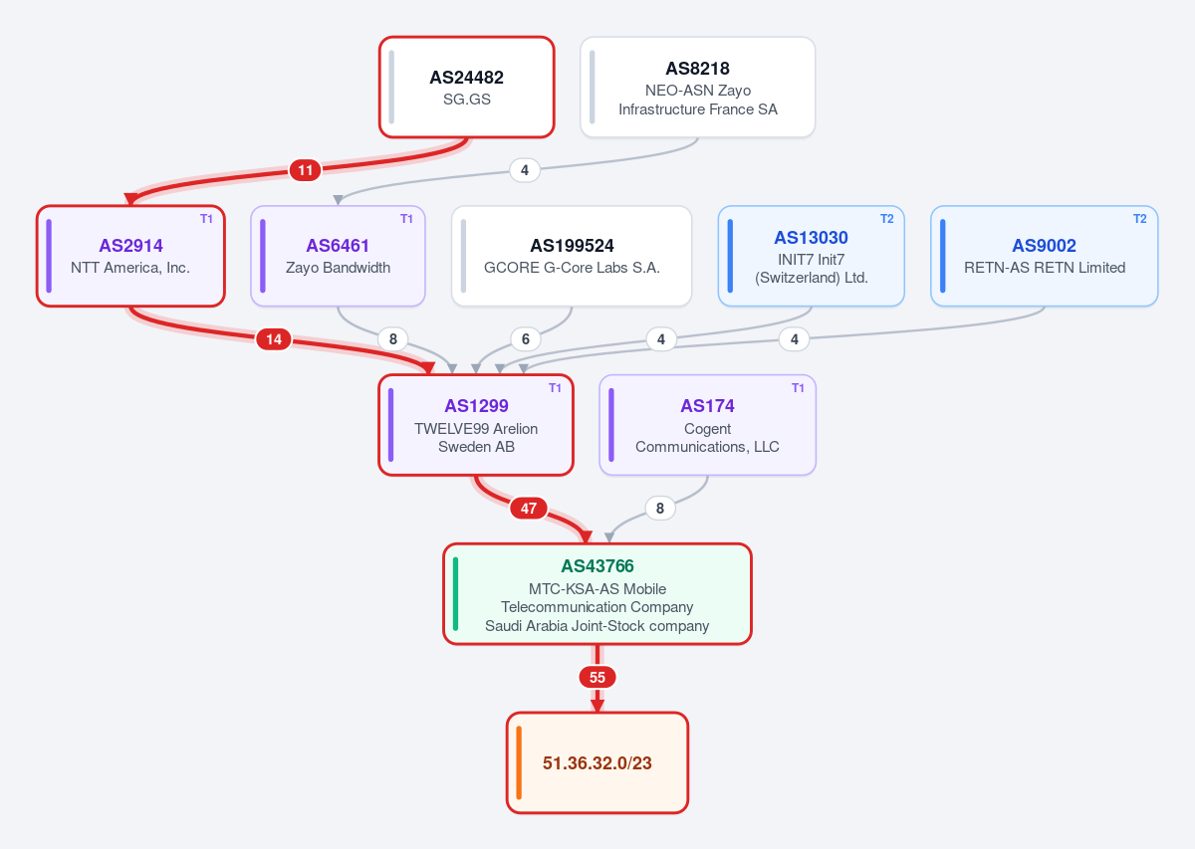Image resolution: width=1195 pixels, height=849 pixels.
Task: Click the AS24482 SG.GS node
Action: [467, 87]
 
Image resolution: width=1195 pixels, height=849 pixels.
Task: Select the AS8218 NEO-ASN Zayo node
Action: [698, 87]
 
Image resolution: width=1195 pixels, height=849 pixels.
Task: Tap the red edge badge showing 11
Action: [305, 170]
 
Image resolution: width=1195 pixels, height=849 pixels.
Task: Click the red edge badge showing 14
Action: [274, 339]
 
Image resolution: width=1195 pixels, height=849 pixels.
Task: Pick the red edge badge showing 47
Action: [529, 509]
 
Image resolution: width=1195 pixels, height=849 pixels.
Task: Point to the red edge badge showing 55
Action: [597, 677]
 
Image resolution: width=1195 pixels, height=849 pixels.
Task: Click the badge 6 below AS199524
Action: [526, 339]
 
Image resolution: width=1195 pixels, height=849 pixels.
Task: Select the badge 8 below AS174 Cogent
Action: [660, 509]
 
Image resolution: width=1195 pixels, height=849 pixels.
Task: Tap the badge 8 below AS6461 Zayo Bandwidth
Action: [393, 339]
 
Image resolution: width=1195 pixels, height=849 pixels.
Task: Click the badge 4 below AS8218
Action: [525, 170]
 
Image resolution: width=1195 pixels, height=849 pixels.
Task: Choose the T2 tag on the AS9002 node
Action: [1140, 219]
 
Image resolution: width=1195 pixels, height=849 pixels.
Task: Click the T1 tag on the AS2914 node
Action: [206, 219]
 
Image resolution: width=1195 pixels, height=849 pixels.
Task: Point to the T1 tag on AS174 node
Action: [798, 388]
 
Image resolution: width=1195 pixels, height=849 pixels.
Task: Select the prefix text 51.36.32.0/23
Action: [597, 763]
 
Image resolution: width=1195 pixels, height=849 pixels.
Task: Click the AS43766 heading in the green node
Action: [597, 565]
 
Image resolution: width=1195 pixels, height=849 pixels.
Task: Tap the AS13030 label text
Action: [812, 237]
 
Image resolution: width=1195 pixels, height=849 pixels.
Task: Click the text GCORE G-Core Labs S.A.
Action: [572, 267]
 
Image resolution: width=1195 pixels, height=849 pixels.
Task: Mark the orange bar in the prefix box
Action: [519, 762]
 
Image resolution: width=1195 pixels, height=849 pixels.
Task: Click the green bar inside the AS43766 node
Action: [456, 594]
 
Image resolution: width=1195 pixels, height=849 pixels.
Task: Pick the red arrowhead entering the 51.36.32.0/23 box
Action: [597, 706]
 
